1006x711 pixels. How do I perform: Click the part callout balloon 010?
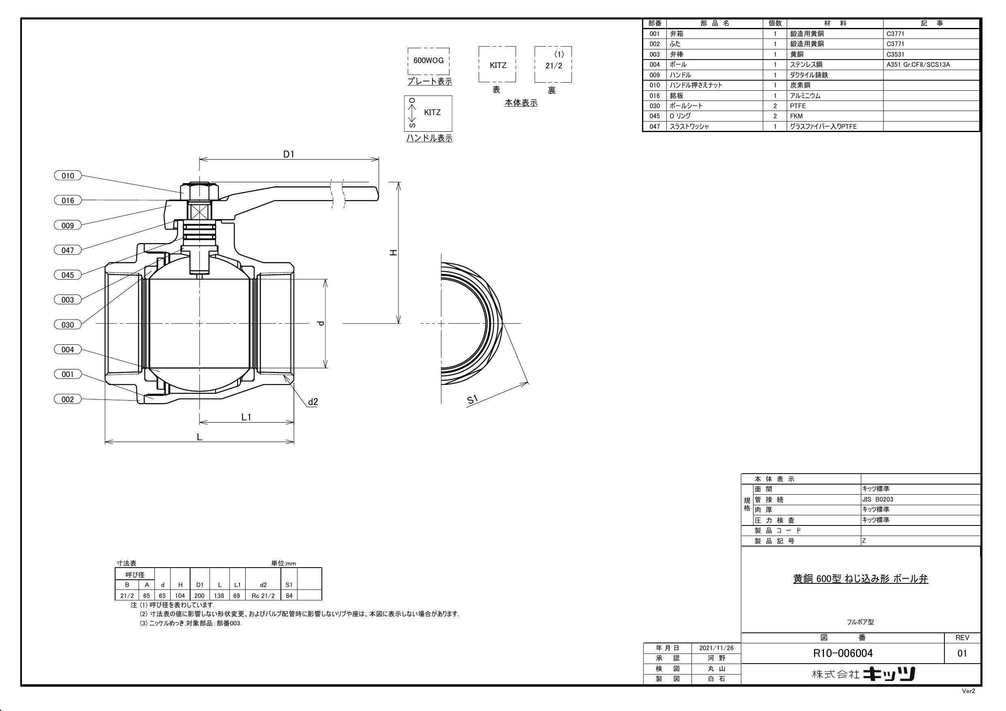[x=67, y=176]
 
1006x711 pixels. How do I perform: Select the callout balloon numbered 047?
[x=67, y=250]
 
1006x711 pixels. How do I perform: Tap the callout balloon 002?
[x=67, y=399]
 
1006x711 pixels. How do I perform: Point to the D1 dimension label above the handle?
[x=288, y=154]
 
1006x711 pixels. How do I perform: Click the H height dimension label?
[x=394, y=253]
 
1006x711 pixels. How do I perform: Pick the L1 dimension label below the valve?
[x=247, y=417]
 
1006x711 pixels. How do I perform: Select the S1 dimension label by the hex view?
[x=472, y=399]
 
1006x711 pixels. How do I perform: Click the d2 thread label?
[x=313, y=402]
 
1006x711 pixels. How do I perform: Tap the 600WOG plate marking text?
[x=428, y=60]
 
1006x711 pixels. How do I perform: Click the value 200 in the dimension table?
[x=200, y=596]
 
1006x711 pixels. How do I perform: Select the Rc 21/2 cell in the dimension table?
[x=263, y=596]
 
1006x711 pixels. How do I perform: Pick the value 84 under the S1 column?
[x=289, y=596]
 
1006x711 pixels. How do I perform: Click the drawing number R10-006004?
[x=843, y=653]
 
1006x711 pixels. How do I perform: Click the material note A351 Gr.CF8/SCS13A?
[x=918, y=64]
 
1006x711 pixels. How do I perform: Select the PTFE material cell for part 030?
[x=798, y=106]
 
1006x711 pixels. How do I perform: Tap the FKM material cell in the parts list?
[x=796, y=116]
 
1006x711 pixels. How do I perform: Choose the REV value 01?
[x=962, y=653]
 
